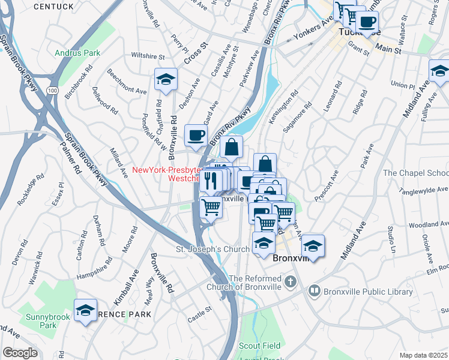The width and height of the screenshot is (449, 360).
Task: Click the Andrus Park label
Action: pyautogui.click(x=77, y=53)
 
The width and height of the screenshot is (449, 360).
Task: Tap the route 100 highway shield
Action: pyautogui.click(x=53, y=90)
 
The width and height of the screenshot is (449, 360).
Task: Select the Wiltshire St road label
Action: pyautogui.click(x=148, y=56)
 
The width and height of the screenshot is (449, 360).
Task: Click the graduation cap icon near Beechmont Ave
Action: pyautogui.click(x=166, y=80)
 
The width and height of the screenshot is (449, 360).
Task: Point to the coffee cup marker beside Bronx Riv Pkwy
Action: pyautogui.click(x=196, y=136)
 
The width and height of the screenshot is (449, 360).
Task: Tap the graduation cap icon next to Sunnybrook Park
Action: pyautogui.click(x=85, y=310)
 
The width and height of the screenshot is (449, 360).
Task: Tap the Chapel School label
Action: pyautogui.click(x=415, y=173)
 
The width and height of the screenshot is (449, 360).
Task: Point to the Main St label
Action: pyautogui.click(x=390, y=50)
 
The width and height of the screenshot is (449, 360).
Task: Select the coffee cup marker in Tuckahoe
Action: pyautogui.click(x=367, y=22)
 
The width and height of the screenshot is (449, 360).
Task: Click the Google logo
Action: pyautogui.click(x=20, y=353)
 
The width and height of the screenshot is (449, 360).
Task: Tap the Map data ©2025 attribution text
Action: pyautogui.click(x=423, y=355)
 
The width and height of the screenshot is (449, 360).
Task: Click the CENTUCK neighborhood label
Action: pyautogui.click(x=53, y=7)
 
